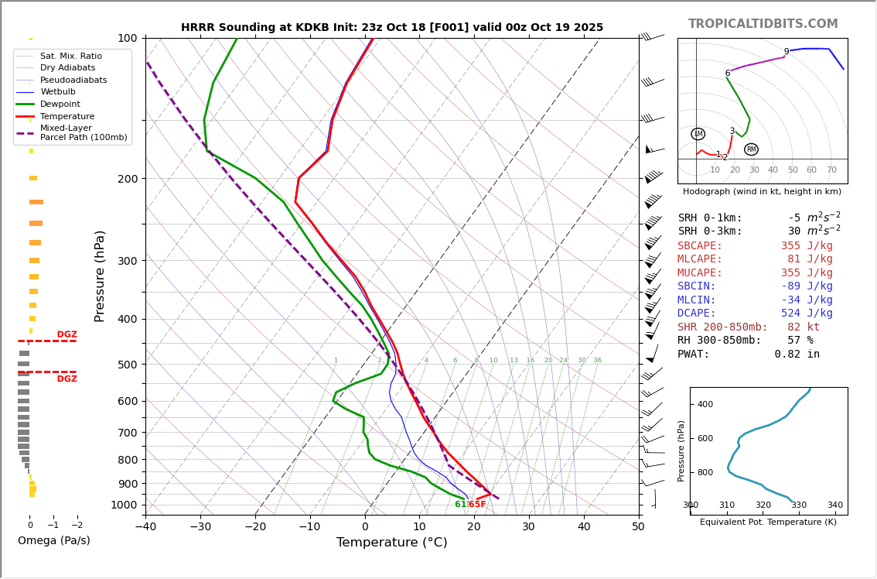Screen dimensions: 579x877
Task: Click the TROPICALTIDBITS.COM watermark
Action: (763, 24)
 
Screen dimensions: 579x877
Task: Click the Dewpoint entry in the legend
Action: (60, 104)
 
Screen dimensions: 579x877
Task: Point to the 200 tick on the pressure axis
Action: (127, 179)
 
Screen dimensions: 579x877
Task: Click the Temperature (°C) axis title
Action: (391, 543)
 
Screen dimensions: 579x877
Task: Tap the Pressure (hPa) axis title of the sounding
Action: (100, 276)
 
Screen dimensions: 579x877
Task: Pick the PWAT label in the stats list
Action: (694, 354)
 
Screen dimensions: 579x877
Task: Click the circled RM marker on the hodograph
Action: (751, 149)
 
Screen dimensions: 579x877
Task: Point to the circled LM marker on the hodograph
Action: (698, 134)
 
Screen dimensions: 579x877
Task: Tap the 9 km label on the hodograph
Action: (787, 52)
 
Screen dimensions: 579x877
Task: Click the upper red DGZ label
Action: (67, 334)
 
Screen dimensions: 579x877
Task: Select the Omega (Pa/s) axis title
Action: (54, 540)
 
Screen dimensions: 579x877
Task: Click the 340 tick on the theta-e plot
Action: (834, 505)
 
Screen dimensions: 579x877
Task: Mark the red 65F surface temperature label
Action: (477, 505)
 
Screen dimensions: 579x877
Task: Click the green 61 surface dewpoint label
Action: (460, 505)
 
